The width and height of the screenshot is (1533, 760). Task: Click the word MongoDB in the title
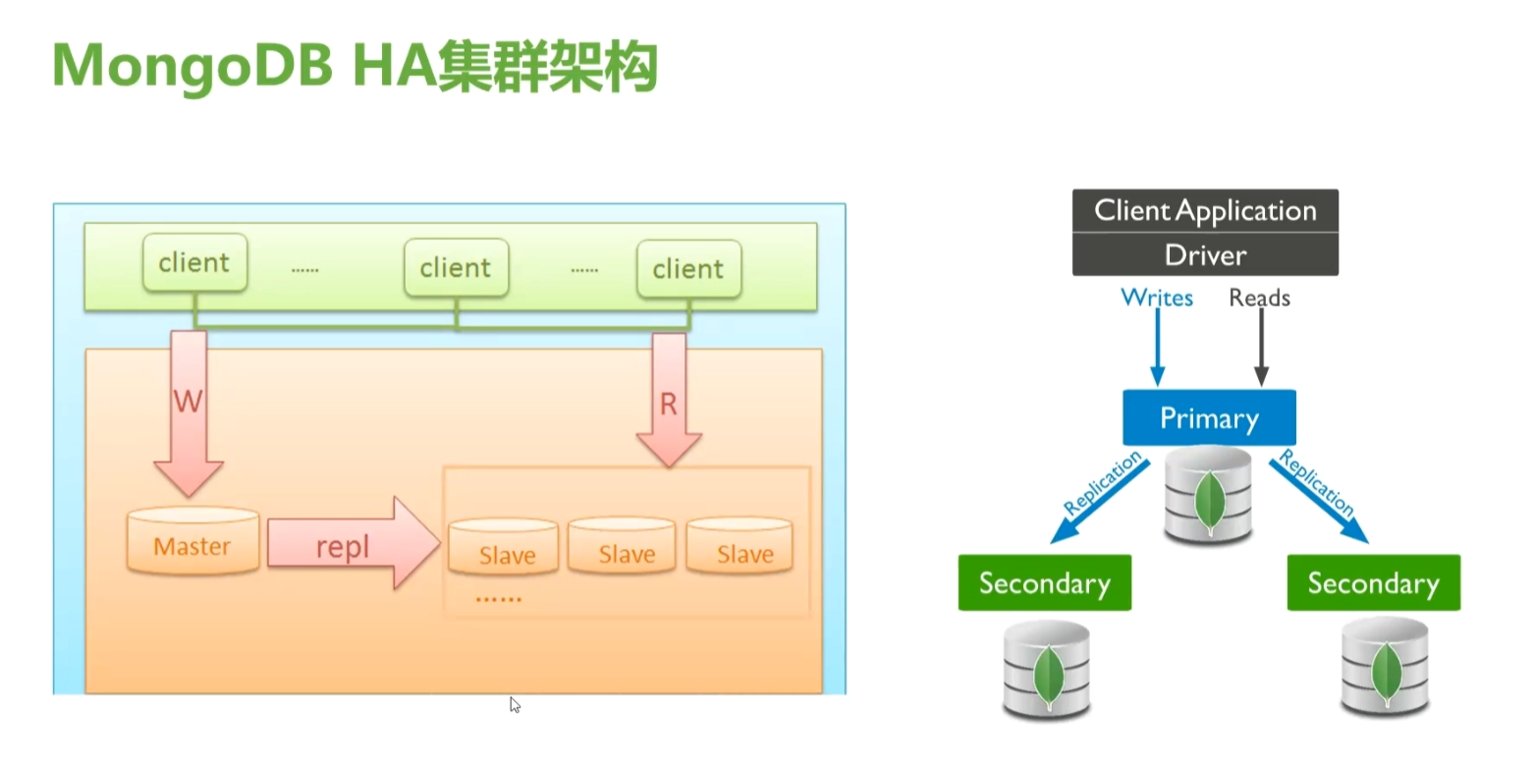click(192, 67)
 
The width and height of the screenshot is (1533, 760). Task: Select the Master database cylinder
click(193, 540)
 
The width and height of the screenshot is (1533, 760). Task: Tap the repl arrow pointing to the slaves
click(354, 543)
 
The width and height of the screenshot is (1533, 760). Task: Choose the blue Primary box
click(1209, 417)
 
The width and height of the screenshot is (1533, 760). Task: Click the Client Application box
click(1205, 211)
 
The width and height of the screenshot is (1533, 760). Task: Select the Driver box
click(1205, 254)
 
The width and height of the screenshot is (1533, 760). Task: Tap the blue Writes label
click(1157, 298)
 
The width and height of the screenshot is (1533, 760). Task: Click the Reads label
click(1259, 298)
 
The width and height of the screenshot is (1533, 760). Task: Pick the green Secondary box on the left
click(1044, 582)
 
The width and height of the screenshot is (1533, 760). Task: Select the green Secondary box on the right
click(1374, 582)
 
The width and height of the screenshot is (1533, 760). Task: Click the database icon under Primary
click(1209, 496)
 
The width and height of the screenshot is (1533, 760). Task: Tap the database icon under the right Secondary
click(1385, 667)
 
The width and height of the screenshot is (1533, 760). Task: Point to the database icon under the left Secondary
click(1047, 670)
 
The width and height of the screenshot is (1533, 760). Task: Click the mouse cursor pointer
click(515, 705)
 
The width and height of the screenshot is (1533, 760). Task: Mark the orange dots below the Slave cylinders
click(498, 599)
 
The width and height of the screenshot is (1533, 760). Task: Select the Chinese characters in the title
click(548, 67)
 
